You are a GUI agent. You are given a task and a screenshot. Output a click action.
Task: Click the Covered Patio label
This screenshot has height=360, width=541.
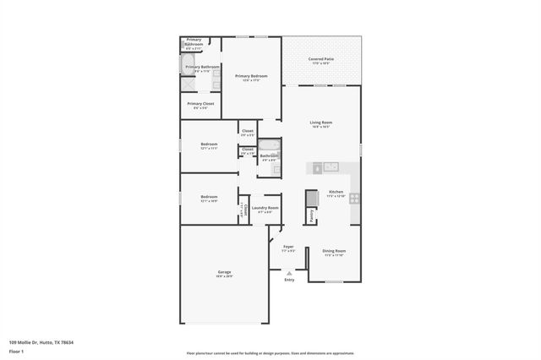coord(320,58)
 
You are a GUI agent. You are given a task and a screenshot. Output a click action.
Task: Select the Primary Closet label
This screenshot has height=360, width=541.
coord(200,104)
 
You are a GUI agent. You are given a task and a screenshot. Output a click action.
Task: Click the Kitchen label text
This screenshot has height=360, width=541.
coord(335,192)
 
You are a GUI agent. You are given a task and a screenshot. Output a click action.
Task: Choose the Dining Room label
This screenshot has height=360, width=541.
coord(335,251)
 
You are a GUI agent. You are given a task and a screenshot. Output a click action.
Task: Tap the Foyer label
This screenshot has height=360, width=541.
coord(288,247)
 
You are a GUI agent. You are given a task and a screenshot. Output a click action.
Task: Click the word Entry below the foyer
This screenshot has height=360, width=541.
coord(289,280)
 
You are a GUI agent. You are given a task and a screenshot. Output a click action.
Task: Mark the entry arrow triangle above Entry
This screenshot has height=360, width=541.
coord(289,273)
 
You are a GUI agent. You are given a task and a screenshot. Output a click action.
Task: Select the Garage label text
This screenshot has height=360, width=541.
coord(224,272)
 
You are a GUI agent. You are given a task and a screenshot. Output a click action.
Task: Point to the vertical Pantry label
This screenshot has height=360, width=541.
coord(312,216)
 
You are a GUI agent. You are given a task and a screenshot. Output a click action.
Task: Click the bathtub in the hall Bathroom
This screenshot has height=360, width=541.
coord(269,145)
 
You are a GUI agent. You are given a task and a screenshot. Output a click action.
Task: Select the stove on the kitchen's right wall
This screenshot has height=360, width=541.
coord(355,199)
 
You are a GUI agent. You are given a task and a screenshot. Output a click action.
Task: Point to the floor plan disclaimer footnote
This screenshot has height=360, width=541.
coord(270,352)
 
